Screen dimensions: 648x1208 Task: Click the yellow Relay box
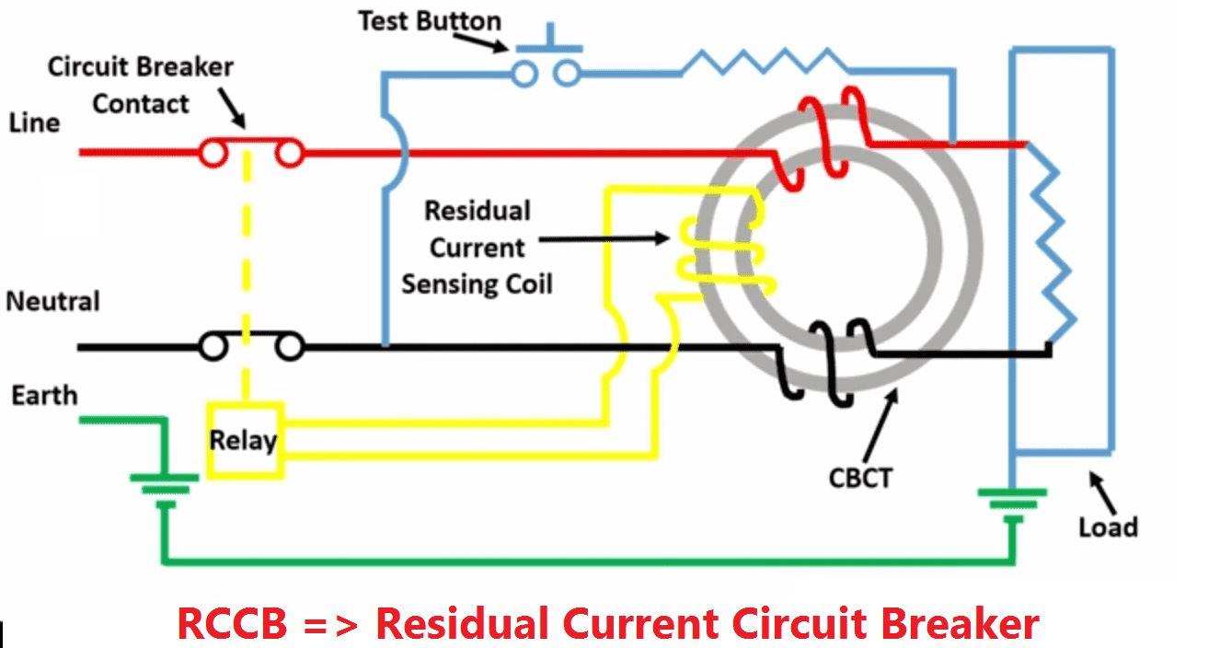click(244, 439)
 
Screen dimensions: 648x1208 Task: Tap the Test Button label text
click(429, 21)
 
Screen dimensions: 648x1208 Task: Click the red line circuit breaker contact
click(251, 151)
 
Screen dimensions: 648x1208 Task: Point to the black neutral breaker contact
click(251, 346)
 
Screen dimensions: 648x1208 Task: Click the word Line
click(35, 122)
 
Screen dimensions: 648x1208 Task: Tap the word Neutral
click(52, 302)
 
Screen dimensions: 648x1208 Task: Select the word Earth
click(44, 396)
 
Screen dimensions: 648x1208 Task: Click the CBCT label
click(860, 479)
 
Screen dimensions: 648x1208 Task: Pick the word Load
click(1108, 526)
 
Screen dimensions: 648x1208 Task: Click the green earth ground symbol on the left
click(165, 485)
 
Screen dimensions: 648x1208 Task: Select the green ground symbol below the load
click(1012, 502)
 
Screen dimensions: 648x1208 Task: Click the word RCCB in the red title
click(232, 623)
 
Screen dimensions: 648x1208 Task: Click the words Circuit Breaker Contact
click(140, 85)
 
